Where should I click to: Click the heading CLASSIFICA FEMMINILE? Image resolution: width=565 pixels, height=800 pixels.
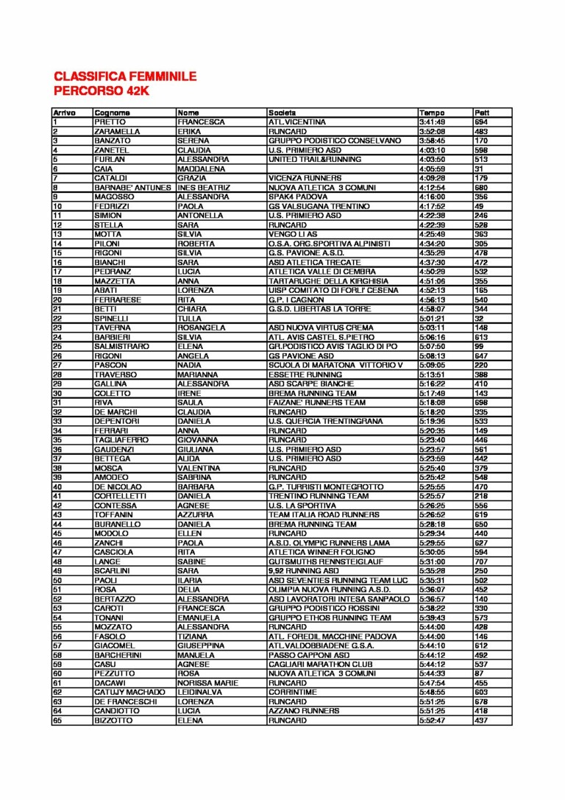tap(125, 76)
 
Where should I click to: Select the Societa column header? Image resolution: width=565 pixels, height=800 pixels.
tap(282, 113)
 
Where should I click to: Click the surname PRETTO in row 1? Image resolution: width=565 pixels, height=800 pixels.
tap(110, 121)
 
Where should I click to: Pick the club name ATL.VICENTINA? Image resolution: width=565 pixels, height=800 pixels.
tap(297, 121)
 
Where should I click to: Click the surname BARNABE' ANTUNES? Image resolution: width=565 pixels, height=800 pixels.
tap(133, 187)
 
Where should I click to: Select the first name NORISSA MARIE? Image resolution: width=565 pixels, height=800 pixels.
tap(207, 683)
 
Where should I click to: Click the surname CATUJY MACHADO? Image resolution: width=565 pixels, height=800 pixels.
tap(130, 693)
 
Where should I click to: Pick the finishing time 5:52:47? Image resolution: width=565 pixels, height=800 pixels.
tap(431, 721)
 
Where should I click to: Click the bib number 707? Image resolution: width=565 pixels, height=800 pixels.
tap(481, 561)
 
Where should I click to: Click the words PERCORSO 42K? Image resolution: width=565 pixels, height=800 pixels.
tap(102, 91)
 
